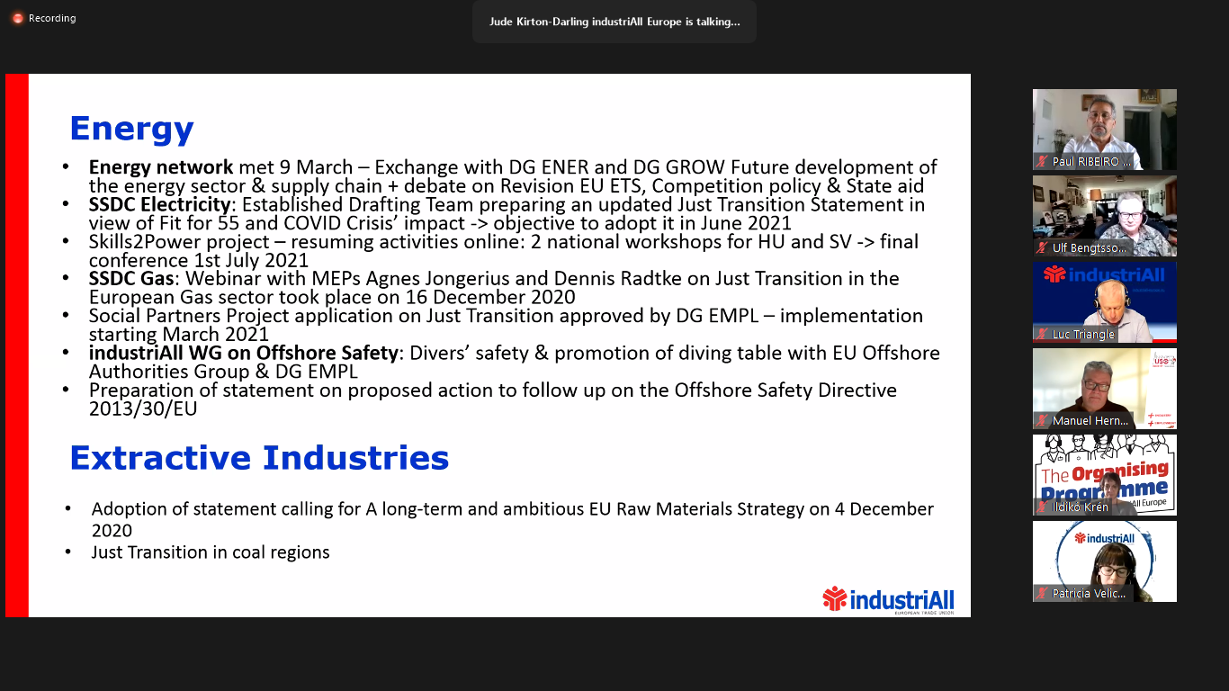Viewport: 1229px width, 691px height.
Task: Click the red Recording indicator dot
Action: coord(18,19)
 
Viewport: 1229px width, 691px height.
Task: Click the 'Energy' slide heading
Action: coord(131,130)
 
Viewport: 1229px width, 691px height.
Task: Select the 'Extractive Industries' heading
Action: coord(259,458)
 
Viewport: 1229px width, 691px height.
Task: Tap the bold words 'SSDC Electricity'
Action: coord(159,205)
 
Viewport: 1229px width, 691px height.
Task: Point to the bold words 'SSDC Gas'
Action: coord(131,279)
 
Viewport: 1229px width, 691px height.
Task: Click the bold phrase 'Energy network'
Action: coord(161,167)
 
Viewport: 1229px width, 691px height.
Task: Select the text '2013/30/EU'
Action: coord(143,408)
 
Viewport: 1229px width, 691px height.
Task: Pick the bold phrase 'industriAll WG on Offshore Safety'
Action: coord(243,353)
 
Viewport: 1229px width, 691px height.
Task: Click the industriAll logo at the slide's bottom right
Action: coord(888,600)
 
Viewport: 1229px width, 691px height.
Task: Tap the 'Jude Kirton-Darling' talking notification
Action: coord(614,22)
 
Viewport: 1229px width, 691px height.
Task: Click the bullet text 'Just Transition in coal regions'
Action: coord(211,552)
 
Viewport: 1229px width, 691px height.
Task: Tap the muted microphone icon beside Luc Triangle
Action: coord(1041,334)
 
